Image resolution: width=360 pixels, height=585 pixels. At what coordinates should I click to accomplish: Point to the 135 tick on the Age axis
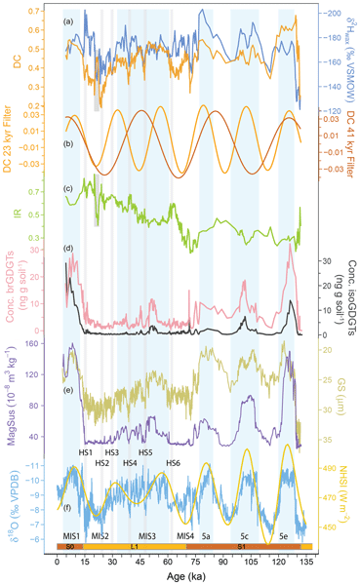click(x=306, y=559)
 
